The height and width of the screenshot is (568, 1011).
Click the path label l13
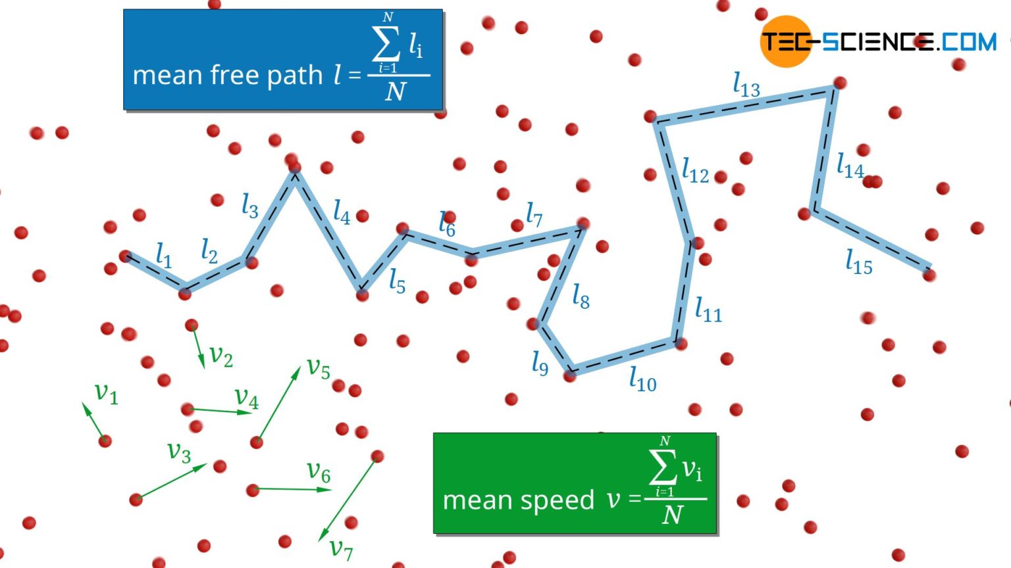[x=746, y=85]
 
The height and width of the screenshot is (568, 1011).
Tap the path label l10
[x=642, y=379]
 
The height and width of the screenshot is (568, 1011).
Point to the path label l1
[x=163, y=255]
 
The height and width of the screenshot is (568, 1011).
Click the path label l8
[x=580, y=296]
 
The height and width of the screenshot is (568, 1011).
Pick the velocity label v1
[x=106, y=392]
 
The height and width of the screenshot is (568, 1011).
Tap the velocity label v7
[x=341, y=548]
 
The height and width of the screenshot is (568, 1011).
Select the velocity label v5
[x=319, y=368]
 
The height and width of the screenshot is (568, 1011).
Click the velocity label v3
[x=179, y=452]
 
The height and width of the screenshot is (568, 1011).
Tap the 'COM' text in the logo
[x=969, y=42]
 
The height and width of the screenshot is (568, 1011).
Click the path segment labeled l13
[x=744, y=105]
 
